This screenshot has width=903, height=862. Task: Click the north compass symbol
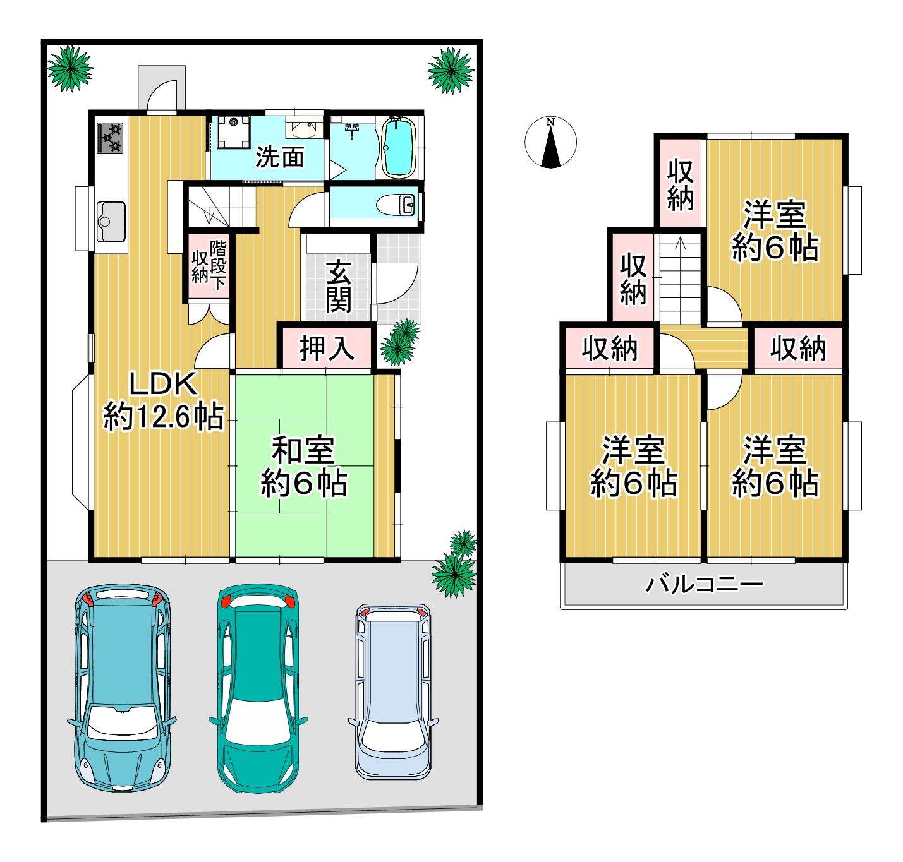tap(550, 143)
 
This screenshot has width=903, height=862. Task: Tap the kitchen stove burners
tap(110, 138)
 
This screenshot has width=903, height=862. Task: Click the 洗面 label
tap(279, 157)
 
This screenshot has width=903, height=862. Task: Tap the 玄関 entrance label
tap(338, 287)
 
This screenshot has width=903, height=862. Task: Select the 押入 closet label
tap(325, 348)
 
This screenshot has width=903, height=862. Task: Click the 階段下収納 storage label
tap(209, 265)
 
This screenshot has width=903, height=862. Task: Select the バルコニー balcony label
tap(704, 584)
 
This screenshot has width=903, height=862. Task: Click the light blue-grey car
tap(393, 691)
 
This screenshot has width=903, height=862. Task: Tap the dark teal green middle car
tap(257, 688)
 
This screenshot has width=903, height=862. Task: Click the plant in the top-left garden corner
tap(70, 68)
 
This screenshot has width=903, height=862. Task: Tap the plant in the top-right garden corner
tap(451, 71)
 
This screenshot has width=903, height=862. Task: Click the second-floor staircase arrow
tap(681, 243)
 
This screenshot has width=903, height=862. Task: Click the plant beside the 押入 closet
tap(400, 343)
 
